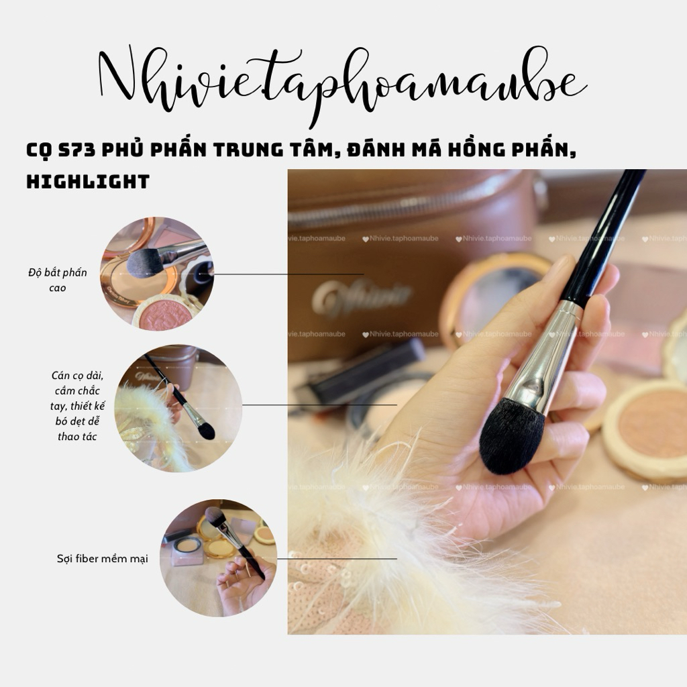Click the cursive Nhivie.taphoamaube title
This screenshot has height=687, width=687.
click(x=342, y=84)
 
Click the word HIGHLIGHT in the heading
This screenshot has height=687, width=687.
click(x=87, y=181)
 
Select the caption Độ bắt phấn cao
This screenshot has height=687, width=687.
click(x=57, y=280)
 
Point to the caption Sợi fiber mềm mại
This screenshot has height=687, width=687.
click(x=102, y=558)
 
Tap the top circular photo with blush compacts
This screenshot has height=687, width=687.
click(x=157, y=273)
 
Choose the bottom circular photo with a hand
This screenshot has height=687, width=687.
click(x=218, y=558)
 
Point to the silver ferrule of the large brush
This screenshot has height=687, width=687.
click(x=540, y=362)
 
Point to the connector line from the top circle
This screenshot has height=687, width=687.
click(x=288, y=274)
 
